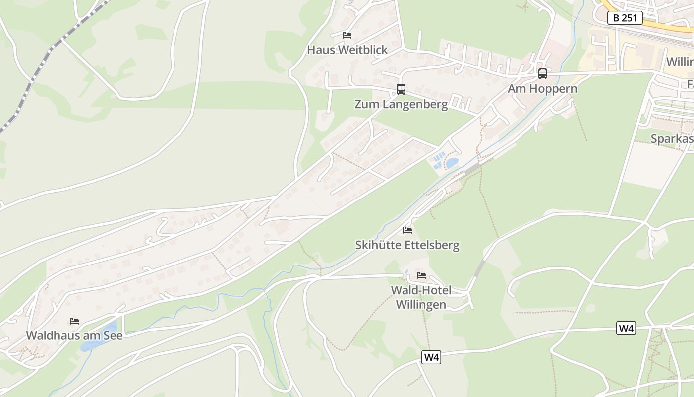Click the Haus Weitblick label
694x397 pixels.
347,50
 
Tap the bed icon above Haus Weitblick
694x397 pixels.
347,35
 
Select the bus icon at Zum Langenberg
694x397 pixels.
401,89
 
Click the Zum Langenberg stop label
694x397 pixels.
401,104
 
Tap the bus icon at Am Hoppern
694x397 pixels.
543,74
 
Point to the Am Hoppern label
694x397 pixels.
542,89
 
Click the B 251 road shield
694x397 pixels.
625,18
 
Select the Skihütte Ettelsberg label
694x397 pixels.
407,245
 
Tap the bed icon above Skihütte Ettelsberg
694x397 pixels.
407,230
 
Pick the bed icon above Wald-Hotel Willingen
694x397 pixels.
421,275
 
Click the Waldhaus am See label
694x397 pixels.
74,335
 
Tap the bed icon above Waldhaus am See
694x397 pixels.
74,321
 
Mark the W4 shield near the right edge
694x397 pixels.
626,328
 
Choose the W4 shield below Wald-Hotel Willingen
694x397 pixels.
431,357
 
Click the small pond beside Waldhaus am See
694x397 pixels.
110,328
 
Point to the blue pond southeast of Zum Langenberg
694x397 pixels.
452,163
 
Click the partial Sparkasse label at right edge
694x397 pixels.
672,139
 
